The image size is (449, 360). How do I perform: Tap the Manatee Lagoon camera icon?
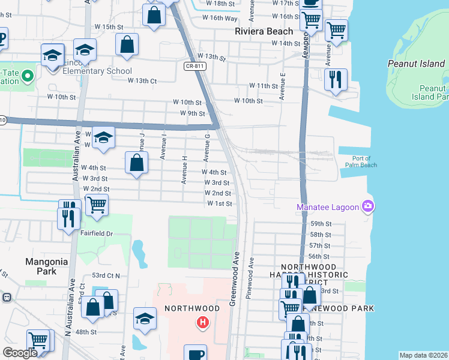(x=368, y=207)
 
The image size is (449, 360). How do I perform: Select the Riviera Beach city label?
(x=264, y=31)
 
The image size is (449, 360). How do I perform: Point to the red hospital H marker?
(x=203, y=323)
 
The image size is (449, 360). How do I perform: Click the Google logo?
(x=20, y=353)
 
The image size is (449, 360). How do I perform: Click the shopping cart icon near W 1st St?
(x=97, y=205)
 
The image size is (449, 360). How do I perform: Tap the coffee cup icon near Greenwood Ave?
(x=195, y=353)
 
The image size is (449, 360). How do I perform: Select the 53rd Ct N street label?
(x=106, y=275)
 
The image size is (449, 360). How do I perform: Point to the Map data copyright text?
(x=423, y=355)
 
